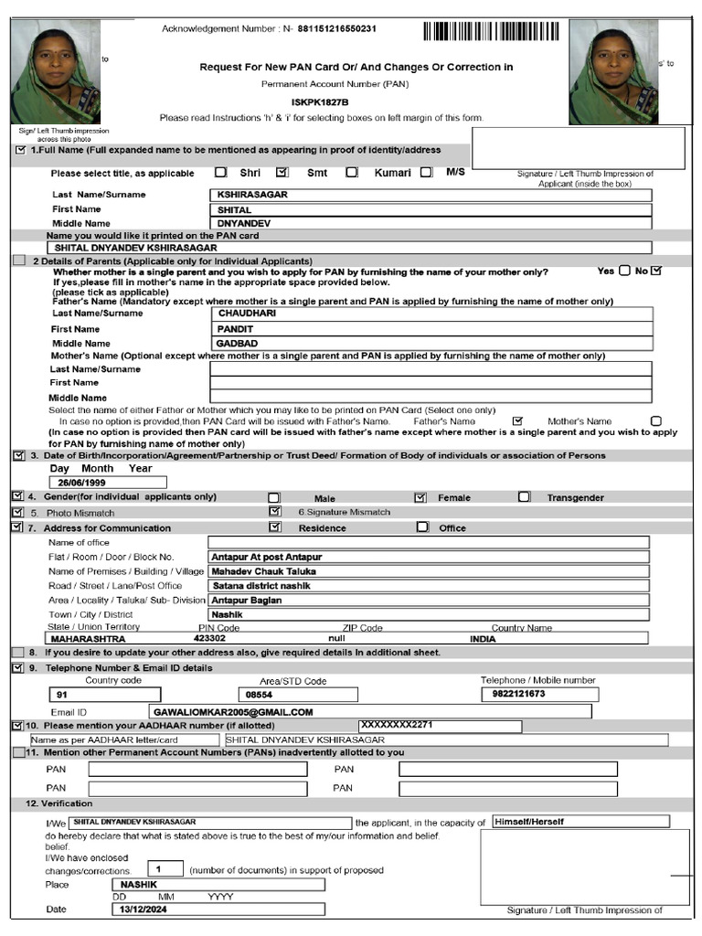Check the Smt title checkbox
pos(282,171)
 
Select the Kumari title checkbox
pos(352,172)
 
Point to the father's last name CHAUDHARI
pos(247,314)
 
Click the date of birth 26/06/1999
pos(82,483)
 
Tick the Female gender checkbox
pos(420,497)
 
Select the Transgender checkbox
pos(524,497)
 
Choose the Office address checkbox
pos(422,527)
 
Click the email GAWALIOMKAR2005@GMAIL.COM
pos(234,711)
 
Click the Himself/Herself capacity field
pos(529,822)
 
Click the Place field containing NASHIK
pos(137,885)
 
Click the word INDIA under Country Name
pos(483,639)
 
